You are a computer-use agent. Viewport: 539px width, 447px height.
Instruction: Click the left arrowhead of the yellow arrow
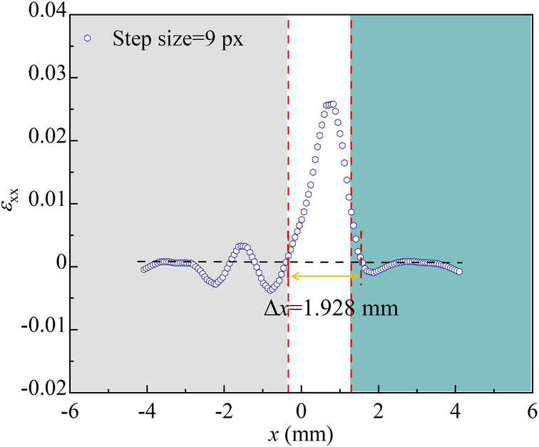point(292,277)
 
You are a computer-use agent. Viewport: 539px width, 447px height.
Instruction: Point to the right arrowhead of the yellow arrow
point(357,277)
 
